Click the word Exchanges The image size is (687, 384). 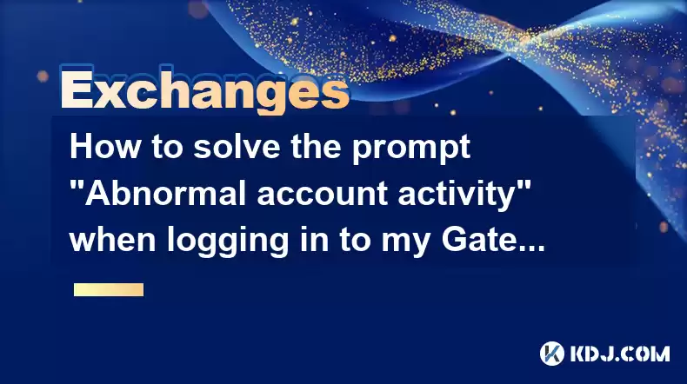204,89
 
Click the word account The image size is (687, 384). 322,195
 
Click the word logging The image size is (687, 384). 227,242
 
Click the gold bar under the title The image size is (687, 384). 109,289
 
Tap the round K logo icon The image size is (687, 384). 552,354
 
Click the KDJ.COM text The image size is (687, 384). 619,354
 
